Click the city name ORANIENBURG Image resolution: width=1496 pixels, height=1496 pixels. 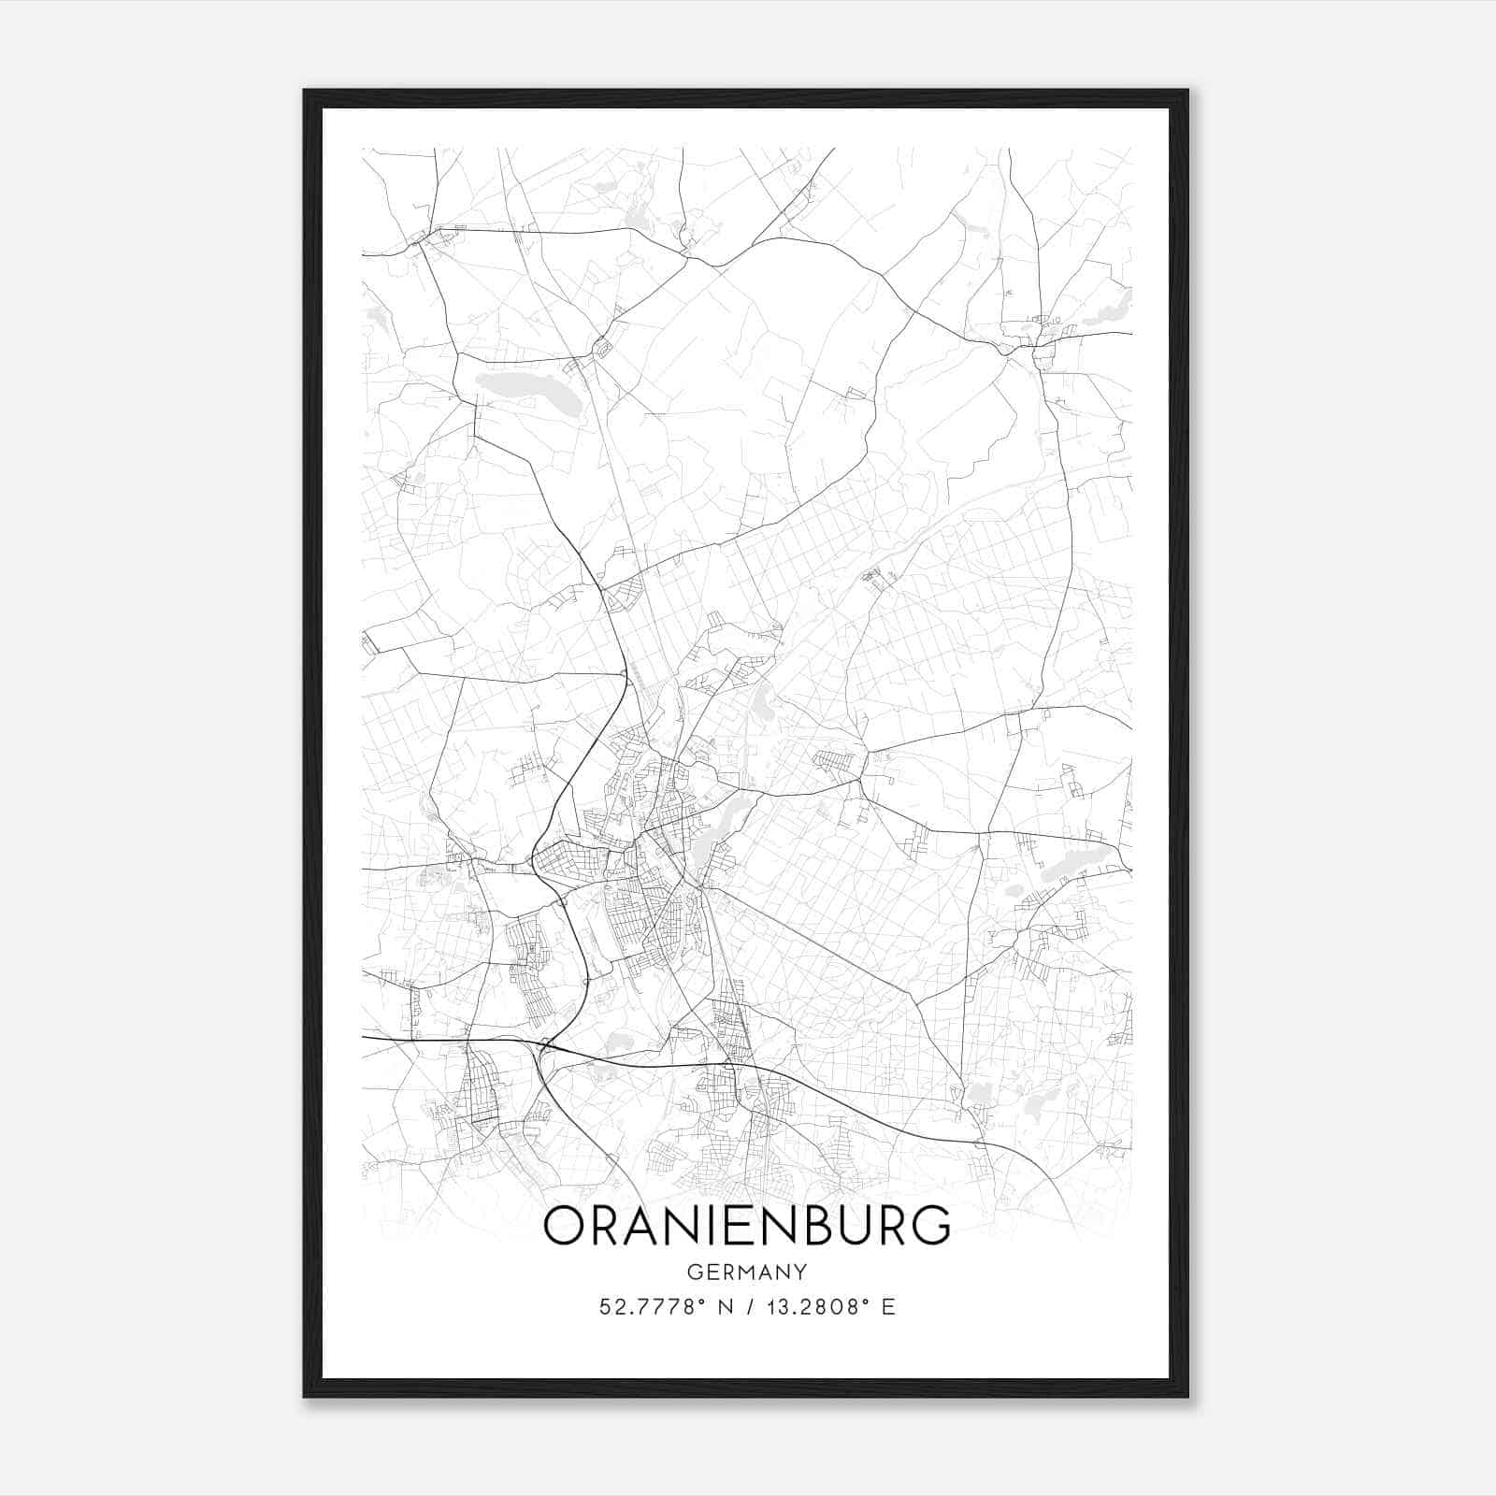[746, 1226]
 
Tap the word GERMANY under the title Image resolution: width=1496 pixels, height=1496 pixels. [746, 1272]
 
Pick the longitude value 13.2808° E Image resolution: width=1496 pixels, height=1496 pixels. [828, 1307]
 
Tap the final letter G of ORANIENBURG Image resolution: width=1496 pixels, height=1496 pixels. [928, 1226]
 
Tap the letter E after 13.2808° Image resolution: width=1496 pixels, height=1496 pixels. [889, 1307]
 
